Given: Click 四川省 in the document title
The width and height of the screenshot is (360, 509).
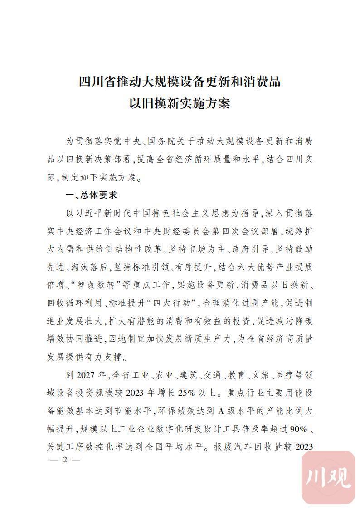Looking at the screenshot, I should coord(97,82).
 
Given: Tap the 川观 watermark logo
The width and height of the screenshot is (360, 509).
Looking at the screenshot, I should coord(328,477).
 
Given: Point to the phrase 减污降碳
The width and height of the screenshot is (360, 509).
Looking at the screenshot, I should coord(296,321).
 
